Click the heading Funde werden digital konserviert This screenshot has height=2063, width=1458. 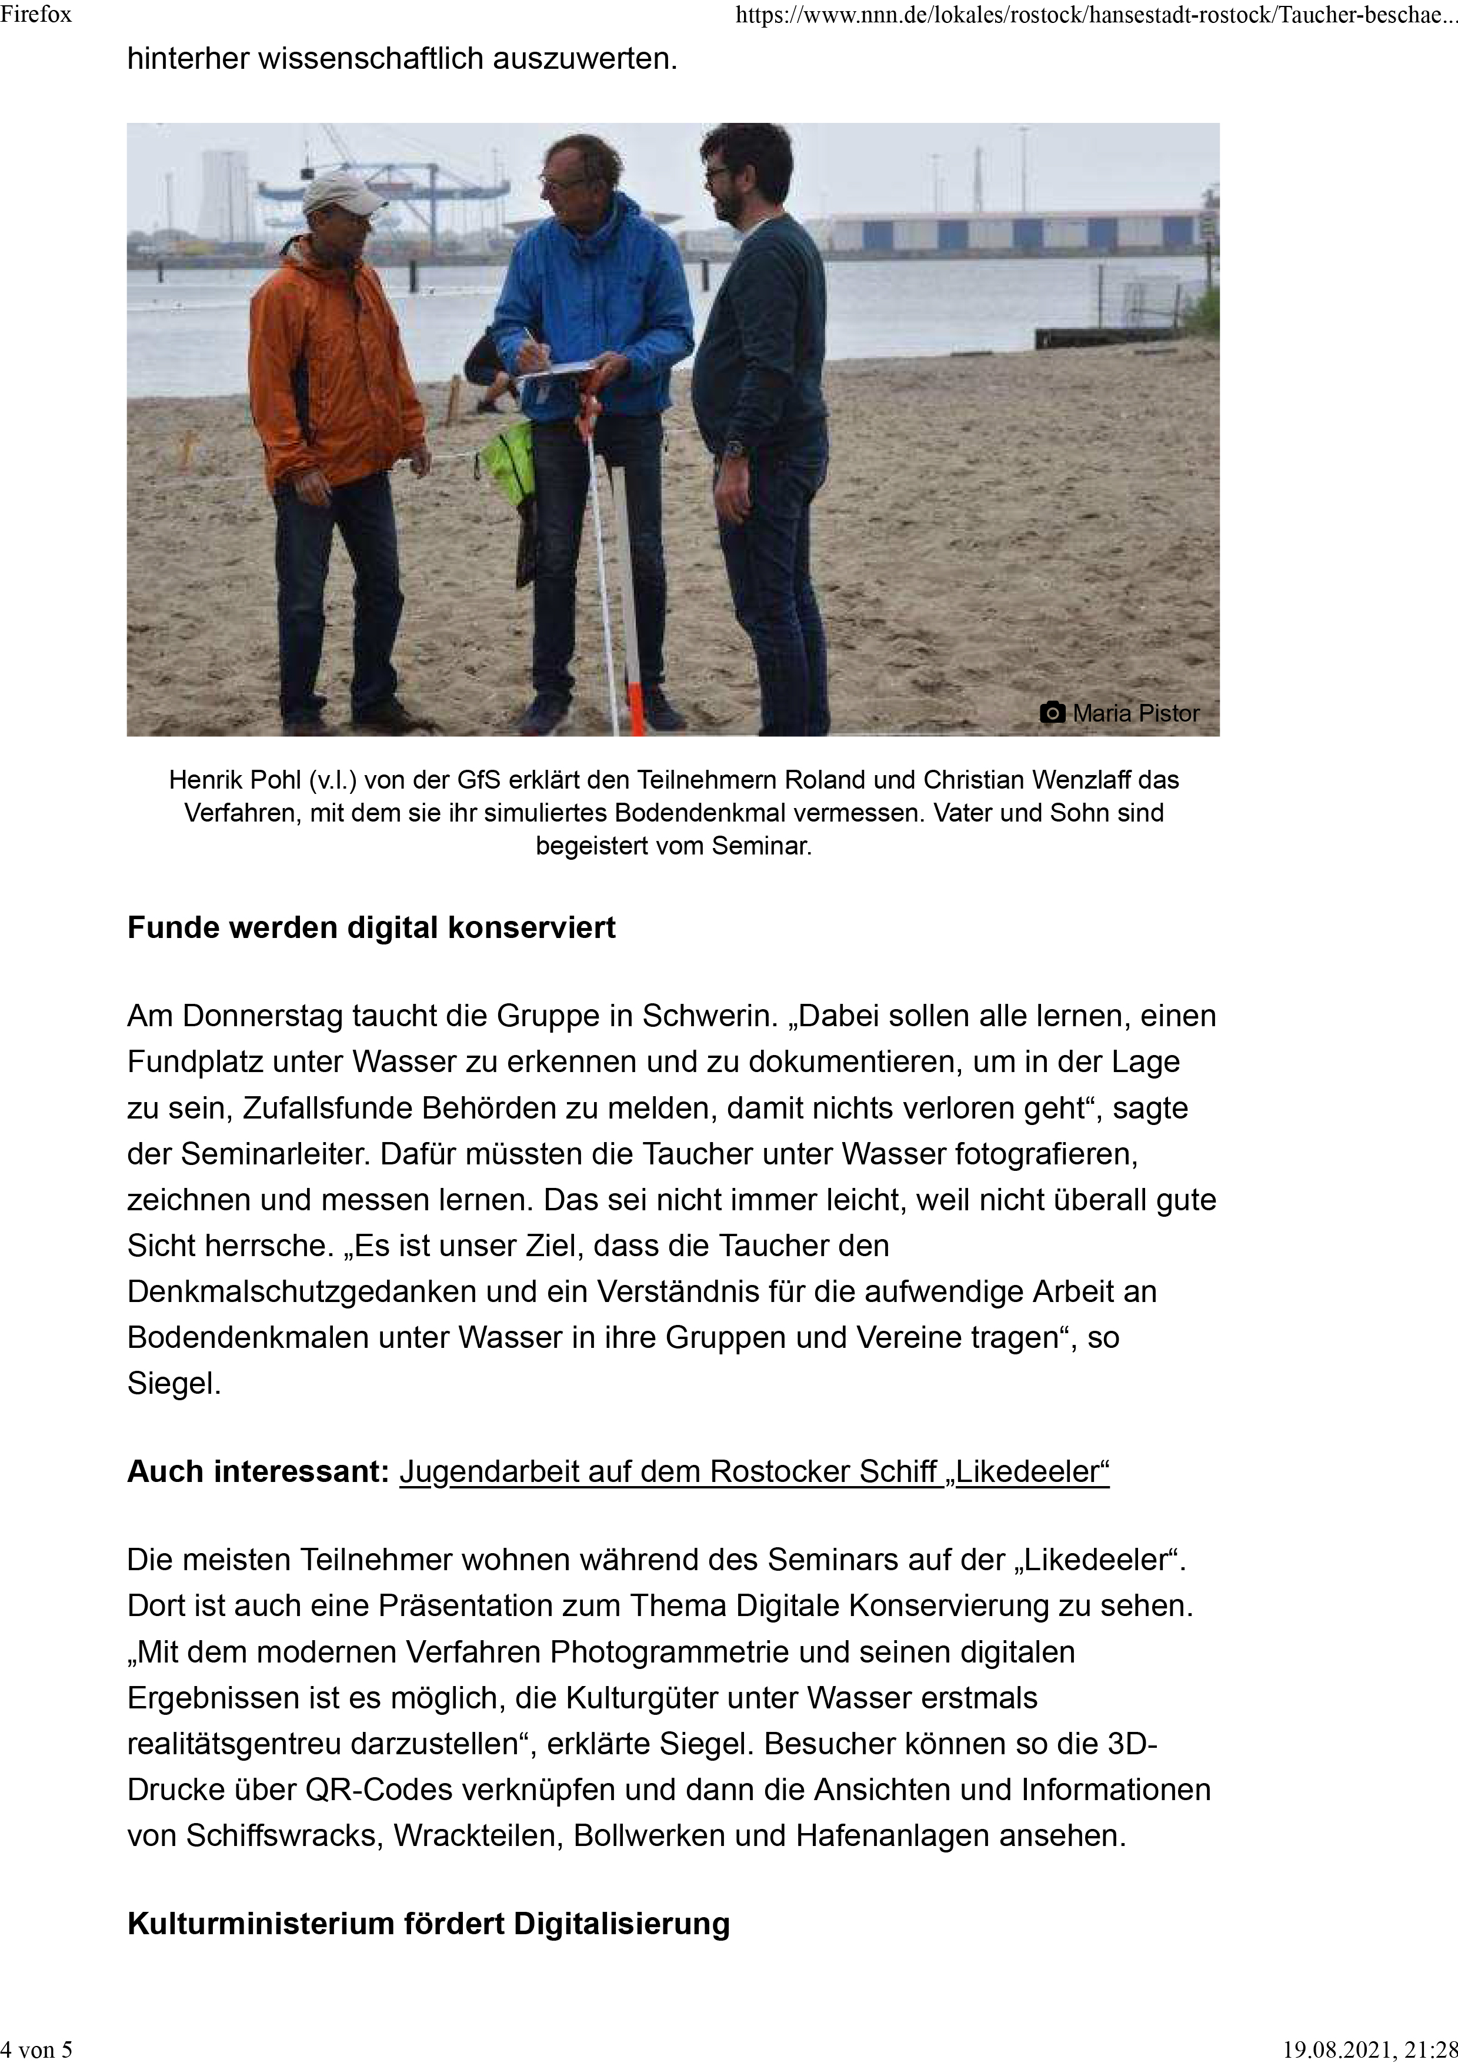coord(371,927)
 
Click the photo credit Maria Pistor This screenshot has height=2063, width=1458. coord(1136,713)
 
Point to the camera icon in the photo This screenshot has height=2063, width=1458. coord(1052,713)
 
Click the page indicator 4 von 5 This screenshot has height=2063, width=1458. coord(38,2049)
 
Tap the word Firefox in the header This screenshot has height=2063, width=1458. coord(36,14)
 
